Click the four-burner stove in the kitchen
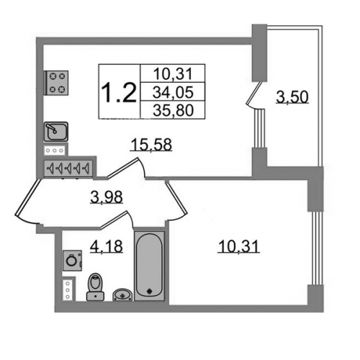click(57, 83)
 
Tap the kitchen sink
click(56, 132)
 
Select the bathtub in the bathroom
click(149, 266)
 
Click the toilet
click(96, 287)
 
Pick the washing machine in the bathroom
click(72, 261)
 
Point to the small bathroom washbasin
click(122, 294)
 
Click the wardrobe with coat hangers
click(68, 168)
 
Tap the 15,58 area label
click(151, 145)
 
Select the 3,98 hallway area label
click(107, 197)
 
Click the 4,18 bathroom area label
click(107, 246)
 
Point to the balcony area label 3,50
click(292, 97)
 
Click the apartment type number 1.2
click(119, 93)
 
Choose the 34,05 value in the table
click(173, 92)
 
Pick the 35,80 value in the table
click(173, 111)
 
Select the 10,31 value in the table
click(173, 73)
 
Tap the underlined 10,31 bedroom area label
click(239, 246)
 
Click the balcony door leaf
click(254, 94)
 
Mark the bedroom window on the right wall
click(315, 248)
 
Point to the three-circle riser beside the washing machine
click(68, 290)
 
